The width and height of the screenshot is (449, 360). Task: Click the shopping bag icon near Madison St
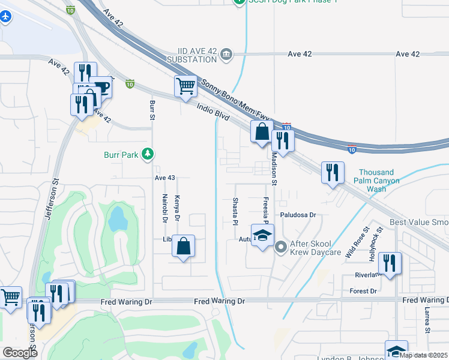(x=262, y=131)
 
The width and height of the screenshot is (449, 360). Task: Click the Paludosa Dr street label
(x=297, y=214)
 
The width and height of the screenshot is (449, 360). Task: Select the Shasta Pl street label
(x=235, y=212)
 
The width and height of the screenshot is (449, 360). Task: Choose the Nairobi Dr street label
(x=164, y=208)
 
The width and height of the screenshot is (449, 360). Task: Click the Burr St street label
(x=152, y=109)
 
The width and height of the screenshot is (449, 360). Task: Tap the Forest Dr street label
(x=363, y=291)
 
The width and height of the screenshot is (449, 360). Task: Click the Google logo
(x=20, y=353)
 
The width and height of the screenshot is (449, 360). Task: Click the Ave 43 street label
(x=164, y=178)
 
